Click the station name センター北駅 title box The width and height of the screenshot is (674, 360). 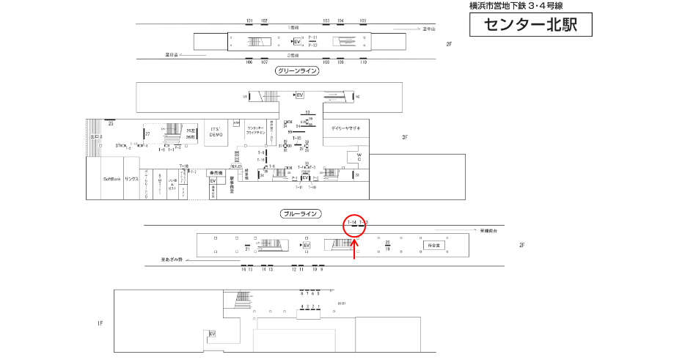530,25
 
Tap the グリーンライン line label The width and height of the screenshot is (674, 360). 297,71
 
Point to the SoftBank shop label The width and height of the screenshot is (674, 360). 111,179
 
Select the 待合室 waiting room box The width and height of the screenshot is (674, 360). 431,245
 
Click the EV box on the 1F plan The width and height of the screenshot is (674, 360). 213,334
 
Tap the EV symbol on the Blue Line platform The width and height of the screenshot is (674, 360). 307,245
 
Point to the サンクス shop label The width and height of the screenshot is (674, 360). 131,179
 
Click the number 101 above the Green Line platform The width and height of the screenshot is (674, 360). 249,21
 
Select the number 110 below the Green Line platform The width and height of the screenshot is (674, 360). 363,62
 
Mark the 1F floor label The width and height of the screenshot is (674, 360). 100,323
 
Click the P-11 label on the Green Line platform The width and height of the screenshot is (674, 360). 312,37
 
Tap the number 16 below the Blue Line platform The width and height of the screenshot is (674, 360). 243,270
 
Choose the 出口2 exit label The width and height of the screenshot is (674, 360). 95,137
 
